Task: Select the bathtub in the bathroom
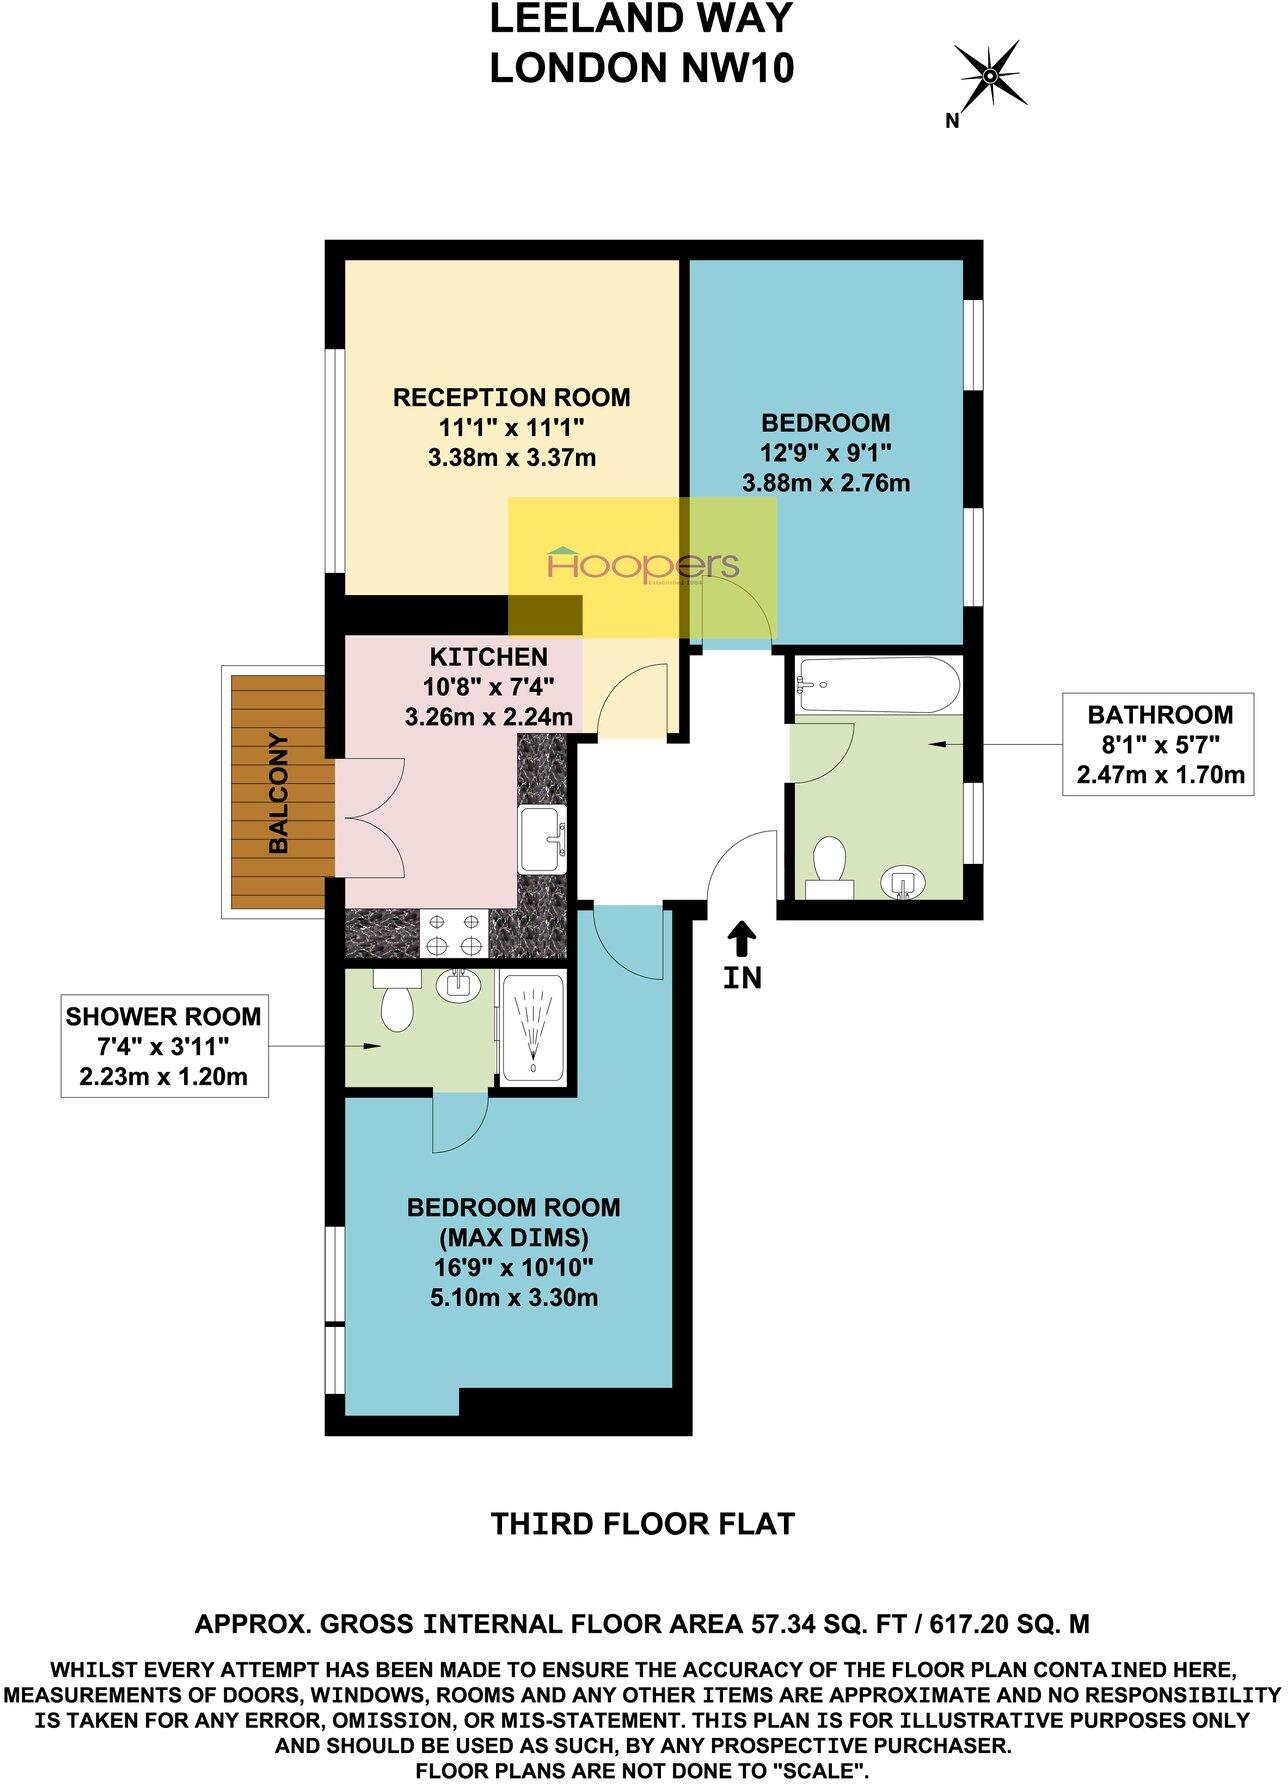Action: click(877, 686)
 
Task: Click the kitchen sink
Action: click(543, 839)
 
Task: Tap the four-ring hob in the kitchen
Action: click(453, 933)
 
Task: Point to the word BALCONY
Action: click(279, 793)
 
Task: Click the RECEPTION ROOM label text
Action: click(511, 398)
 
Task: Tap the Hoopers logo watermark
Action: click(643, 567)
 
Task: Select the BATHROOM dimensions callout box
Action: click(1159, 744)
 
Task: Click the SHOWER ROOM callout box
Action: click(164, 1046)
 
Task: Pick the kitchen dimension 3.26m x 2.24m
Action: click(489, 716)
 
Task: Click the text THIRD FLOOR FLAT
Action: click(642, 1524)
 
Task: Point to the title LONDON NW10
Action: click(642, 69)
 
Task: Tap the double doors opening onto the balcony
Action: click(370, 819)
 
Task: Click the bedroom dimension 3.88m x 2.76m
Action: click(826, 484)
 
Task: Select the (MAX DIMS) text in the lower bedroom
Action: click(513, 1237)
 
